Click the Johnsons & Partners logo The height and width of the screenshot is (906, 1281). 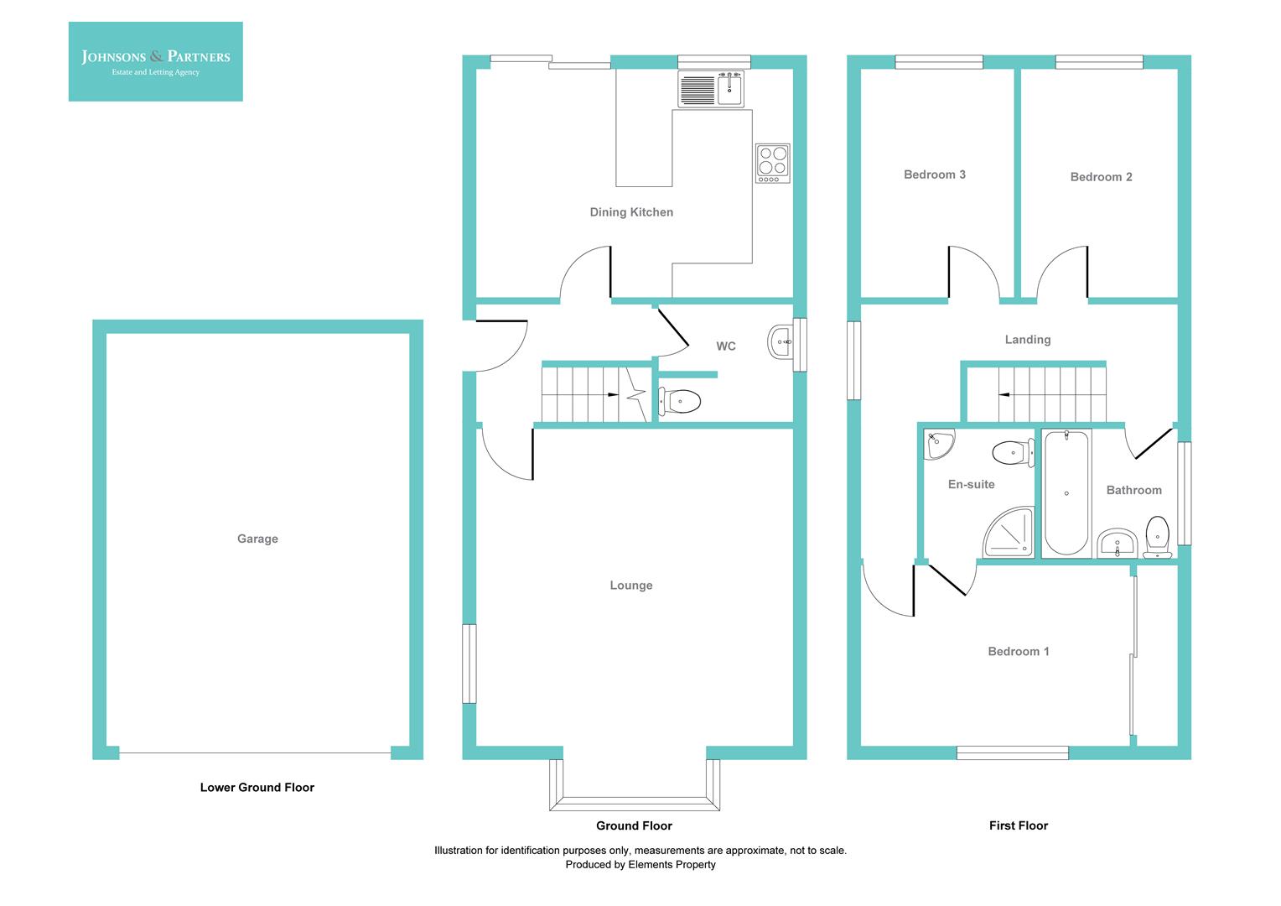click(x=156, y=62)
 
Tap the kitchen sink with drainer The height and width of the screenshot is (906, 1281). click(x=711, y=89)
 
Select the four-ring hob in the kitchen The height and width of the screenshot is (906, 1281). click(x=773, y=163)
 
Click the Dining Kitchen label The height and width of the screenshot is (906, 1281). click(x=631, y=212)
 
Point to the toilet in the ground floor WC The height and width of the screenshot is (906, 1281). click(x=679, y=401)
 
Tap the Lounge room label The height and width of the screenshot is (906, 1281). click(x=630, y=586)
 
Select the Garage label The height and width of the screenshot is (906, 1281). click(x=257, y=539)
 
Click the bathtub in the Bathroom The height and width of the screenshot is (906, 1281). click(x=1066, y=493)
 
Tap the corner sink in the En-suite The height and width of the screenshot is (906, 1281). click(x=938, y=444)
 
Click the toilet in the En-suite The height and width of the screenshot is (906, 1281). click(x=1014, y=452)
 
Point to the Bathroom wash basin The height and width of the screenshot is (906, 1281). click(x=1118, y=543)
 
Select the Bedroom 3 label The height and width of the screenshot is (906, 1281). click(x=935, y=174)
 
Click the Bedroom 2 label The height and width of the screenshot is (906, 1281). click(x=1101, y=177)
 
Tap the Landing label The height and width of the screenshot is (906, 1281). click(x=1028, y=340)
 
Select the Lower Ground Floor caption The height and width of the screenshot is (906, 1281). click(x=257, y=788)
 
